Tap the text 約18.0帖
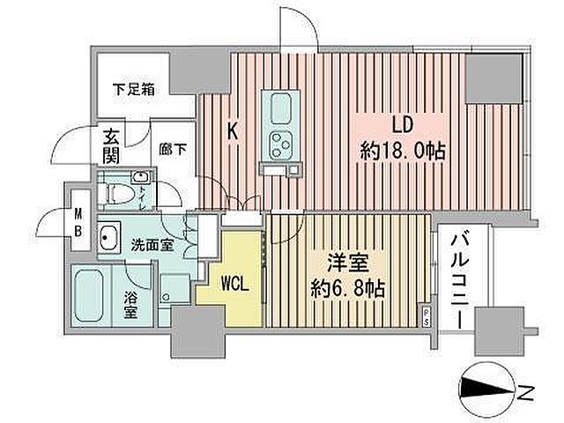click(x=402, y=151)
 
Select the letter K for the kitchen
click(x=232, y=132)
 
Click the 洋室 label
click(x=341, y=262)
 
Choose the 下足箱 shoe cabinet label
click(x=134, y=88)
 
